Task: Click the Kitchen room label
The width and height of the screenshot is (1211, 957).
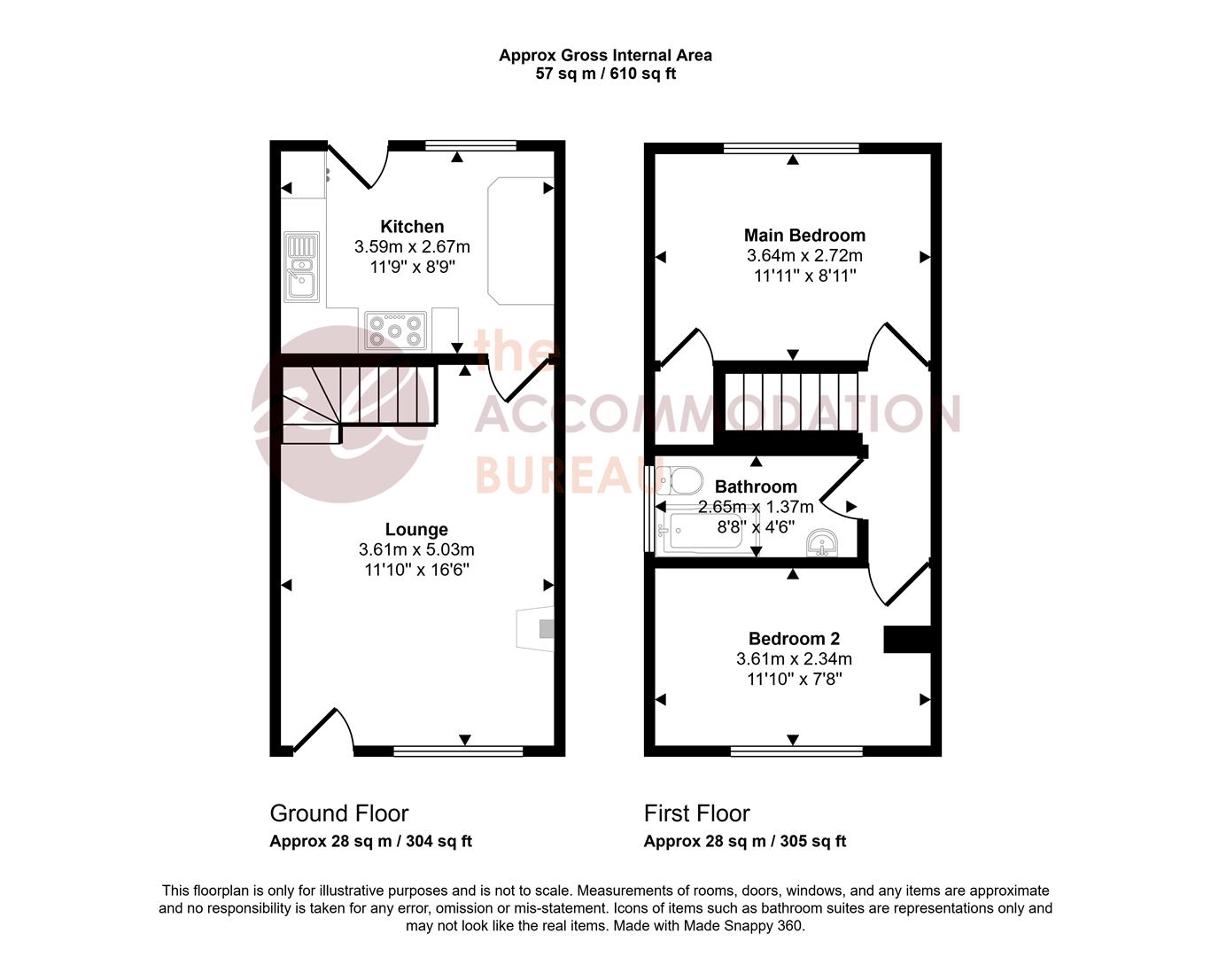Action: [412, 227]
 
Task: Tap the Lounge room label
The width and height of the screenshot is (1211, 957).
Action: [416, 530]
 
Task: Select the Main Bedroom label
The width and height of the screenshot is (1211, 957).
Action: [804, 235]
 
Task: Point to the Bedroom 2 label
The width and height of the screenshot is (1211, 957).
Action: [794, 639]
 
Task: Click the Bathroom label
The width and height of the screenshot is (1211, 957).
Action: [756, 486]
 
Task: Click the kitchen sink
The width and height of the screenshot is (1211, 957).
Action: [301, 267]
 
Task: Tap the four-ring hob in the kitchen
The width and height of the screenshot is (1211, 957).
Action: [396, 331]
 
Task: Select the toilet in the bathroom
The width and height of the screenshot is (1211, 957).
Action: [682, 481]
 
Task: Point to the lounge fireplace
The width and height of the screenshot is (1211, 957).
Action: [537, 629]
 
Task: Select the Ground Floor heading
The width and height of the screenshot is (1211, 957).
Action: [339, 813]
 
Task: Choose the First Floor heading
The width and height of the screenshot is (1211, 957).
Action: [697, 813]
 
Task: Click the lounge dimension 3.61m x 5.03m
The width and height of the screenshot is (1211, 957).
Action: [416, 549]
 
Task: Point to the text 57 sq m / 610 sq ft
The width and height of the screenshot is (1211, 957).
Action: [605, 74]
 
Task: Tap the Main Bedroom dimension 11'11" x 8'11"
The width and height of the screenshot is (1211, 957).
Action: [804, 276]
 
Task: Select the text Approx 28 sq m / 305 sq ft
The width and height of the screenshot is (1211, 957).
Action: [745, 841]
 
